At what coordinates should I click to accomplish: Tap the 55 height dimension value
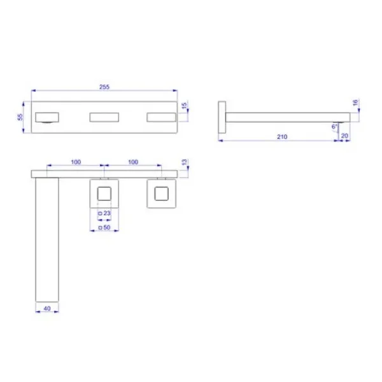(20, 117)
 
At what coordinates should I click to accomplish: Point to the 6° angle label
(334, 127)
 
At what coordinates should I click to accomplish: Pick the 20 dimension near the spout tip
(344, 136)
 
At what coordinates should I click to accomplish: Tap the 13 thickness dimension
(185, 163)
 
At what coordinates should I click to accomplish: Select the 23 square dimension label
(106, 213)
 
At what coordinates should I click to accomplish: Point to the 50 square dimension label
(106, 227)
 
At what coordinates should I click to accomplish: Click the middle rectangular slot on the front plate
(104, 117)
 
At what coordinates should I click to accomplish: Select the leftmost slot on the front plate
(48, 117)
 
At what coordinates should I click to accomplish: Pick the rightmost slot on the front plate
(161, 117)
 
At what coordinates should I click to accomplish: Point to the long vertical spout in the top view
(46, 239)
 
